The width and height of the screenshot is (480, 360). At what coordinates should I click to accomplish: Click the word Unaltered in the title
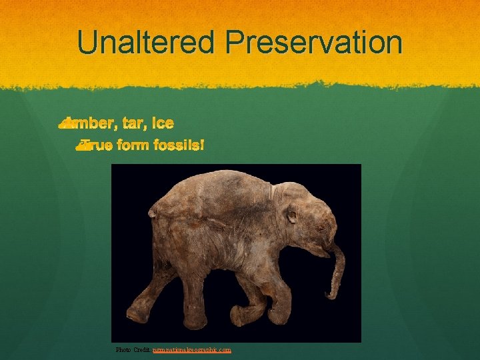click(x=147, y=43)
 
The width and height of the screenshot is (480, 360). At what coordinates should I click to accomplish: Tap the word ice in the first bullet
click(x=163, y=123)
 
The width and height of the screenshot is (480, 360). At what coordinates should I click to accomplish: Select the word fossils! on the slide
click(x=177, y=144)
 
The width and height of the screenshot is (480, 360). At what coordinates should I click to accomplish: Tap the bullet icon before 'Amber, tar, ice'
click(x=65, y=123)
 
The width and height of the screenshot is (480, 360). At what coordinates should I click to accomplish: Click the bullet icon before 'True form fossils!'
click(x=82, y=144)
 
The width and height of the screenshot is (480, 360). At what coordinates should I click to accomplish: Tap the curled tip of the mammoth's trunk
click(x=329, y=293)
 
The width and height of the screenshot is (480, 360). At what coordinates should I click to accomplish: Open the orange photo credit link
click(x=192, y=349)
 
